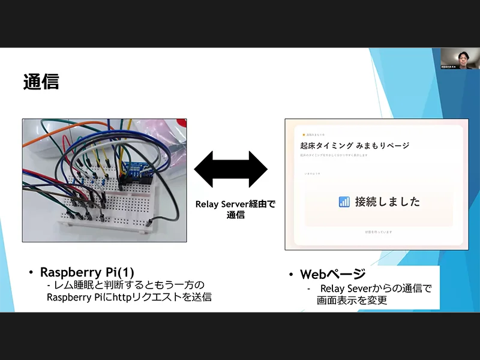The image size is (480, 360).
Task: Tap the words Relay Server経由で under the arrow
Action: pyautogui.click(x=235, y=204)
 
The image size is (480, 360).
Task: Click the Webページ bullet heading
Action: pyautogui.click(x=332, y=274)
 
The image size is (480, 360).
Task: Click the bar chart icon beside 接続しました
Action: pyautogui.click(x=344, y=202)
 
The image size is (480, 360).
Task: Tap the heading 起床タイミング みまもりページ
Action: pyautogui.click(x=355, y=145)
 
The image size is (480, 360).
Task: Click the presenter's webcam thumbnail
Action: pyautogui.click(x=460, y=59)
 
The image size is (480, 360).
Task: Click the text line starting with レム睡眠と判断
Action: pyautogui.click(x=128, y=284)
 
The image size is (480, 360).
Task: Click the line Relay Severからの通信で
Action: pyautogui.click(x=376, y=289)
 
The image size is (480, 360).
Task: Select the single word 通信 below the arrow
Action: pyautogui.click(x=235, y=215)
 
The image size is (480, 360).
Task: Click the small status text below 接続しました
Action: pyautogui.click(x=378, y=232)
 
